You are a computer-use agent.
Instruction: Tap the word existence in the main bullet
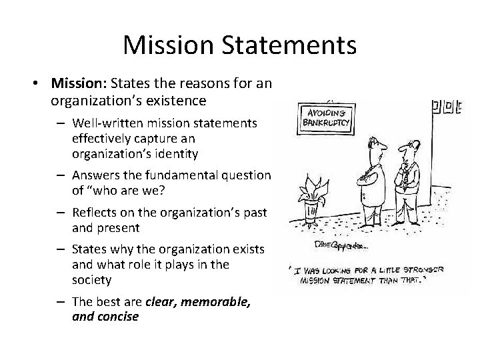(x=176, y=101)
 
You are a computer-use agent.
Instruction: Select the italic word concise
(x=117, y=316)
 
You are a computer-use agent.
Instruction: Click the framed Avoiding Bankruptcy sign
(x=327, y=117)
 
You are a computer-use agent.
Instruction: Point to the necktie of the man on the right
(x=404, y=175)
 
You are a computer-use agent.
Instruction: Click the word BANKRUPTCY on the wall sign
(x=327, y=123)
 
